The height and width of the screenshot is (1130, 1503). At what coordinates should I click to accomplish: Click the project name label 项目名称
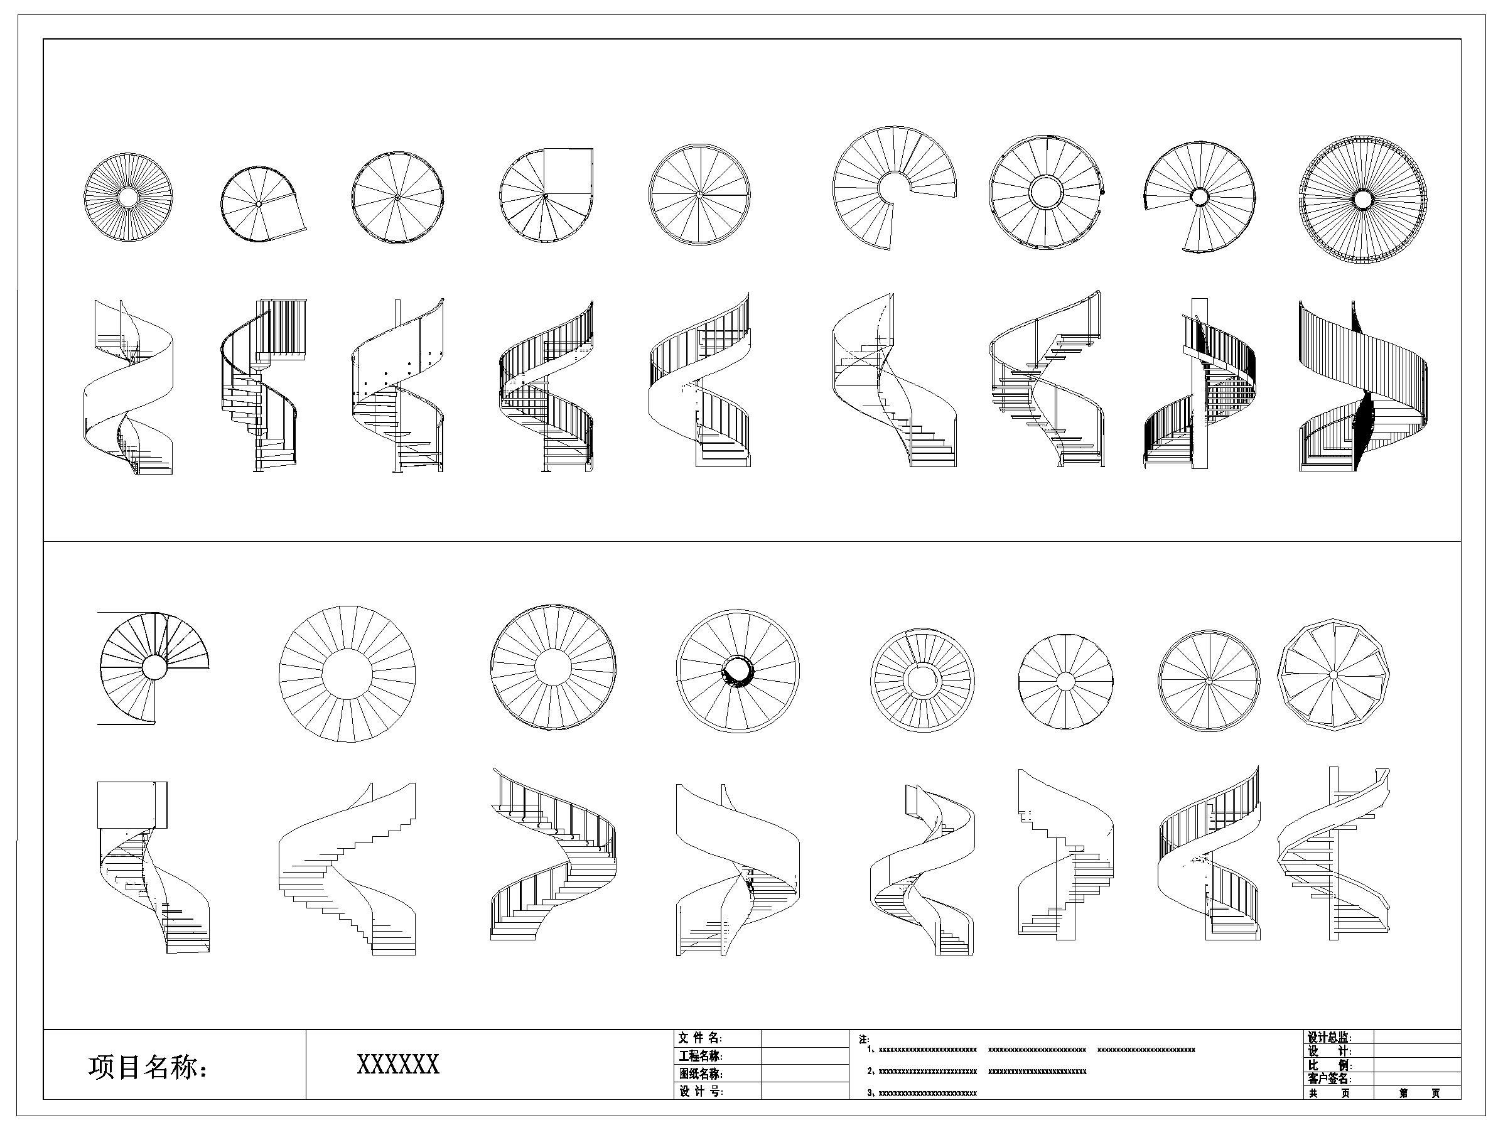tap(147, 1067)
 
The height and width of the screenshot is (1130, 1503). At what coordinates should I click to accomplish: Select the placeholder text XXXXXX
tap(398, 1064)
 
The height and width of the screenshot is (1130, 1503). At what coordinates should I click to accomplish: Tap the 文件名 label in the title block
tap(700, 1038)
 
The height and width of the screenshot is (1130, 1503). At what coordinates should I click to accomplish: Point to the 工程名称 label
tap(700, 1056)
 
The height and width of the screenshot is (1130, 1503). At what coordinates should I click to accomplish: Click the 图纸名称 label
tap(700, 1073)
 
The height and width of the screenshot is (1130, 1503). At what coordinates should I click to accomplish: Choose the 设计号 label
tap(700, 1091)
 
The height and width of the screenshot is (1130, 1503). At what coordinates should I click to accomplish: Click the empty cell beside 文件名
tap(804, 1038)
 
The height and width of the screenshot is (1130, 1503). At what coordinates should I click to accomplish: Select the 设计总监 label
tap(1330, 1038)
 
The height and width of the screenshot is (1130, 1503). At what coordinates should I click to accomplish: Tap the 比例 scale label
tap(1330, 1065)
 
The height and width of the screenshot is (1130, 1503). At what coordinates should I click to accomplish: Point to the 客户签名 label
tap(1330, 1079)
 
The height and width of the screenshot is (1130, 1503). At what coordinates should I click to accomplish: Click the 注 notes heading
tap(864, 1040)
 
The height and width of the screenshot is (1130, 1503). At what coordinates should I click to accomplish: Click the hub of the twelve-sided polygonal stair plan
tap(1333, 675)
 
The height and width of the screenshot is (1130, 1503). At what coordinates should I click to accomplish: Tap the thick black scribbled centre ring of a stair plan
tap(737, 672)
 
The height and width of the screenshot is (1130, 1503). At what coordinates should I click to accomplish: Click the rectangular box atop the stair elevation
tap(132, 805)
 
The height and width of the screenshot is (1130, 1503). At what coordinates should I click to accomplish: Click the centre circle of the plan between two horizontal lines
tap(154, 667)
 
